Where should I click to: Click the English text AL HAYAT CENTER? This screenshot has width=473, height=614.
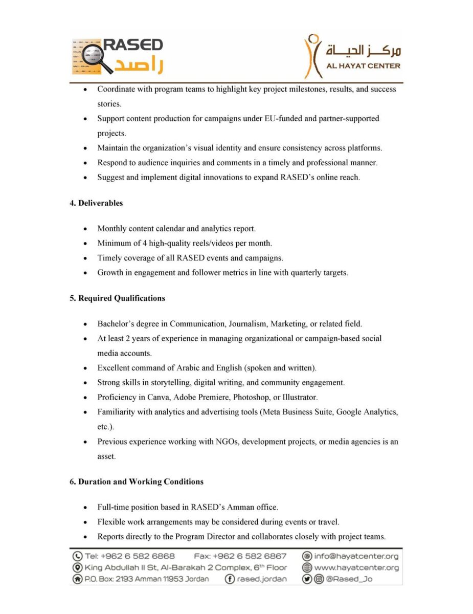[x=364, y=65]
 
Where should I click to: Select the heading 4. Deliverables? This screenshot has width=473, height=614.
[x=96, y=203]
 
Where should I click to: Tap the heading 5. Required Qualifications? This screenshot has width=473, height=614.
[x=117, y=298]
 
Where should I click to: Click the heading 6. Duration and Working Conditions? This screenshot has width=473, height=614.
[x=137, y=481]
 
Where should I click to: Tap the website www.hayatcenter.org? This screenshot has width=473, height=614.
[x=356, y=567]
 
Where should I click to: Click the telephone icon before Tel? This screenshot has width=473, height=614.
[x=78, y=556]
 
